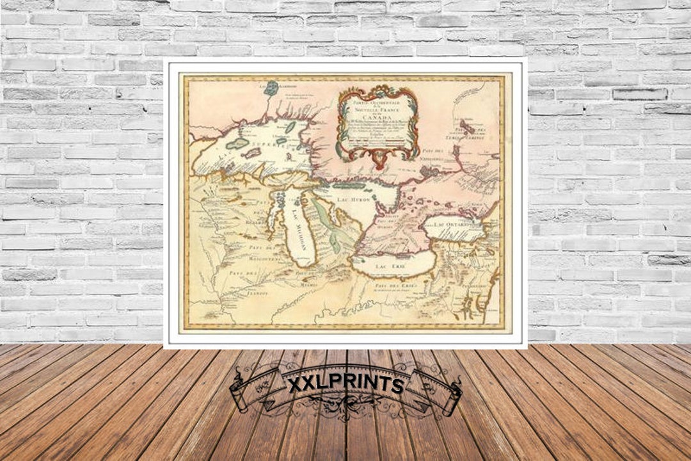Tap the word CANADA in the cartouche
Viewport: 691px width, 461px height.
pos(378,117)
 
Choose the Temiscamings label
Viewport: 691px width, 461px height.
pos(479,136)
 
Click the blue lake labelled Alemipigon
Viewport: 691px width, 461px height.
pos(273,88)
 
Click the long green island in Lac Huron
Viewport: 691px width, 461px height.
pos(349,186)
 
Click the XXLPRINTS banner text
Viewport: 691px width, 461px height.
pos(345,385)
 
